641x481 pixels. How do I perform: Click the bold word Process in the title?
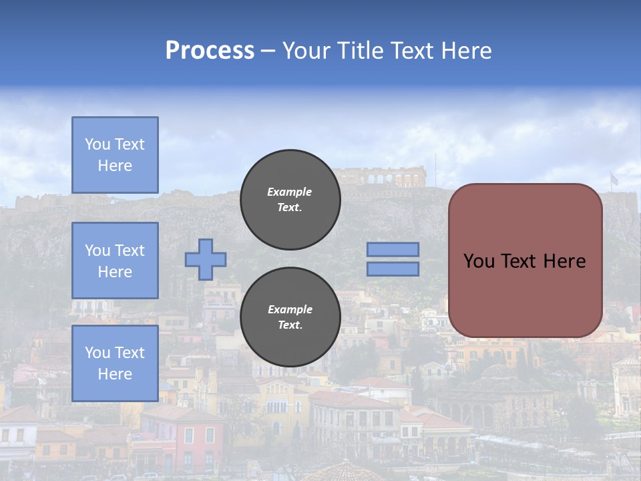click(210, 51)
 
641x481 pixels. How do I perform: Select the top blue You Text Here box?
click(115, 155)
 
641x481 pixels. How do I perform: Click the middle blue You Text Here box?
click(115, 261)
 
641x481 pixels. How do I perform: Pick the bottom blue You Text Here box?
click(115, 363)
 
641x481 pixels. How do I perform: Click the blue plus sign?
click(206, 259)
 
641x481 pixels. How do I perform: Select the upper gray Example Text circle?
click(290, 200)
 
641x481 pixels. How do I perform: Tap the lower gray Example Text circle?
click(290, 317)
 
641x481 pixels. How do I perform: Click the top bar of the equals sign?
click(393, 249)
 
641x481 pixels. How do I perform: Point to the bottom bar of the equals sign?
click(393, 269)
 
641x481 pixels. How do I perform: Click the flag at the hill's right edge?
click(614, 179)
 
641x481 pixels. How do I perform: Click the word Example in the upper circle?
click(290, 192)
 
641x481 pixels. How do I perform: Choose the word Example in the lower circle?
click(290, 309)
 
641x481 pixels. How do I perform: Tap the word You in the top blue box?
click(97, 144)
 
